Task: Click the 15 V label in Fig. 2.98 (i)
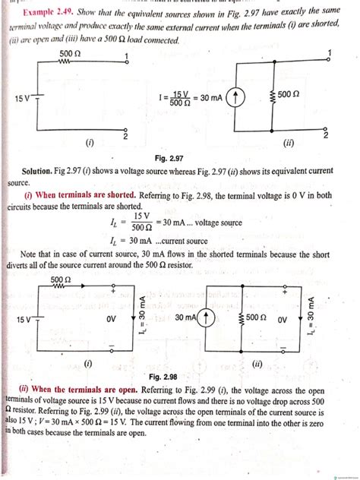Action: [23, 320]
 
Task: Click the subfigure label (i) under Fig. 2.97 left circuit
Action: [90, 142]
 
